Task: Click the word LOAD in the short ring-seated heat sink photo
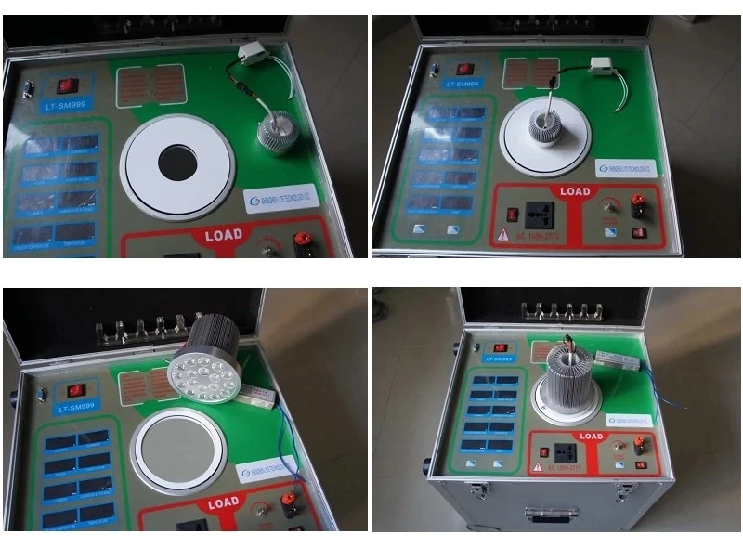(575, 192)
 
